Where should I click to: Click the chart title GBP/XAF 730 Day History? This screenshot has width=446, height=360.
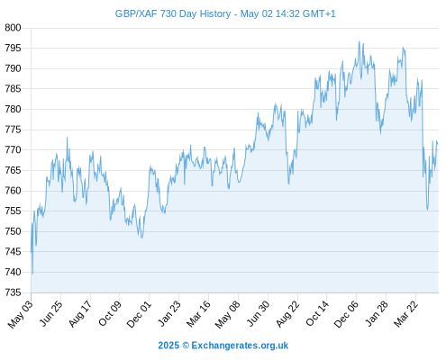(x=173, y=13)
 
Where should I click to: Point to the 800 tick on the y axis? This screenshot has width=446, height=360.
(x=13, y=28)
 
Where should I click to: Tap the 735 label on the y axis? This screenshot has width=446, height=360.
(x=13, y=292)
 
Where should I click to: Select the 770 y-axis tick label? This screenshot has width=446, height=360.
(x=13, y=149)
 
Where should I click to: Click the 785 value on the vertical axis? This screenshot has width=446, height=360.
(x=13, y=89)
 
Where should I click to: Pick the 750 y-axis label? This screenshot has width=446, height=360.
(x=13, y=231)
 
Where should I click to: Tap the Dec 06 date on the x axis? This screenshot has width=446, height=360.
(x=346, y=313)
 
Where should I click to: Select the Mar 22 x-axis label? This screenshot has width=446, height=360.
(x=405, y=313)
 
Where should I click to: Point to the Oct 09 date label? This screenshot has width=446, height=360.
(x=110, y=313)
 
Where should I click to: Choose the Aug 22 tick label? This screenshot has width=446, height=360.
(x=287, y=313)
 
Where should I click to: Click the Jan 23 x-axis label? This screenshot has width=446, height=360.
(x=169, y=313)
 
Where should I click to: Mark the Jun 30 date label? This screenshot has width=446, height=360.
(x=258, y=313)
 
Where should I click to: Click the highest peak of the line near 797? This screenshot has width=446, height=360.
(x=359, y=41)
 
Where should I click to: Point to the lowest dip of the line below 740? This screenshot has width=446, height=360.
(x=32, y=274)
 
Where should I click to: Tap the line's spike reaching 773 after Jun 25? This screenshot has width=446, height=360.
(x=67, y=138)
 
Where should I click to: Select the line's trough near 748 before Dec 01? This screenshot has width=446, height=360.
(x=141, y=238)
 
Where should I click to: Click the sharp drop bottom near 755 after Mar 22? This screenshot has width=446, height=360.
(x=427, y=210)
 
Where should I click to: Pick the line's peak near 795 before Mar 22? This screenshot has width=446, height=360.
(x=403, y=48)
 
